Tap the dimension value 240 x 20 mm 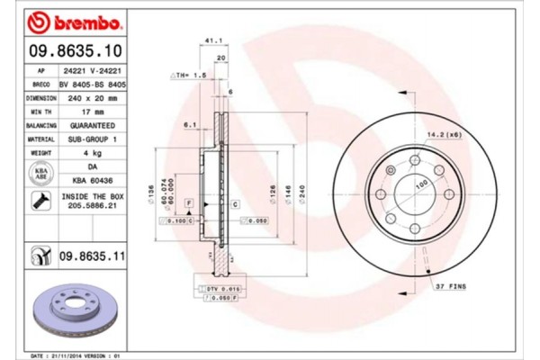94,96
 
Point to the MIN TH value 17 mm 94,111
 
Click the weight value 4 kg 94,154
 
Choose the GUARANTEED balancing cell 94,125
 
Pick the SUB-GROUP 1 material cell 94,139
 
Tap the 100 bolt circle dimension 418,184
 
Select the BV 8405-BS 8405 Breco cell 94,82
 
